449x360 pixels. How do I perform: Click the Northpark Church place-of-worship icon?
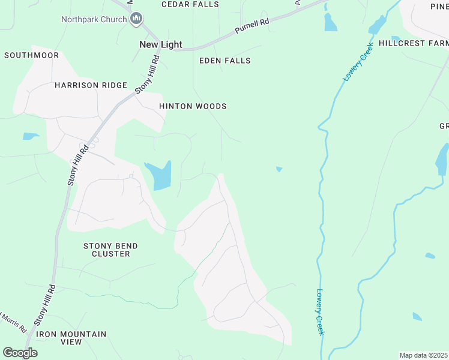pyautogui.click(x=136, y=19)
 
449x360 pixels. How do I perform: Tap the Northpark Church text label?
pyautogui.click(x=94, y=19)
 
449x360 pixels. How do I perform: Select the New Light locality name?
pyautogui.click(x=160, y=44)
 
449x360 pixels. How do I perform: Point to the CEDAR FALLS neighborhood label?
pyautogui.click(x=189, y=4)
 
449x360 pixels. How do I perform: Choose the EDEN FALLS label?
pyautogui.click(x=225, y=61)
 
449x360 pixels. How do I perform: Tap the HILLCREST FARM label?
pyautogui.click(x=414, y=43)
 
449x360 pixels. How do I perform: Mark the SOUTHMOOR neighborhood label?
pyautogui.click(x=32, y=55)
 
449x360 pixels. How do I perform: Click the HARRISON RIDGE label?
pyautogui.click(x=91, y=85)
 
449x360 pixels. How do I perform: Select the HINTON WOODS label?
pyautogui.click(x=193, y=106)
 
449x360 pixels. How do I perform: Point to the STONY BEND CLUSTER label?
pyautogui.click(x=110, y=250)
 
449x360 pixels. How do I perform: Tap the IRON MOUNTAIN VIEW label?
pyautogui.click(x=71, y=338)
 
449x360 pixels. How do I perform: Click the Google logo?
pyautogui.click(x=20, y=353)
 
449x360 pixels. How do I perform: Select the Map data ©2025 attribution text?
pyautogui.click(x=423, y=355)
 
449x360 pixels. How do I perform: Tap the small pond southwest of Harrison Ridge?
pyautogui.click(x=31, y=136)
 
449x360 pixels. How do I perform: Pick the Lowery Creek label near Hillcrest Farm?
pyautogui.click(x=354, y=65)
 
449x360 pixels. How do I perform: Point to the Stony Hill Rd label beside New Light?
pyautogui.click(x=147, y=74)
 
